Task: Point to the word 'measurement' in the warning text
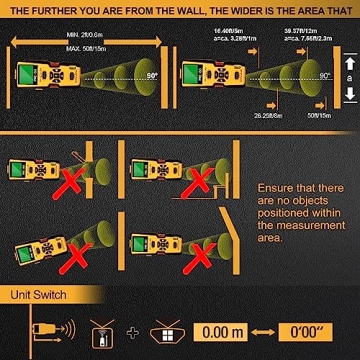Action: pos(310,226)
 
